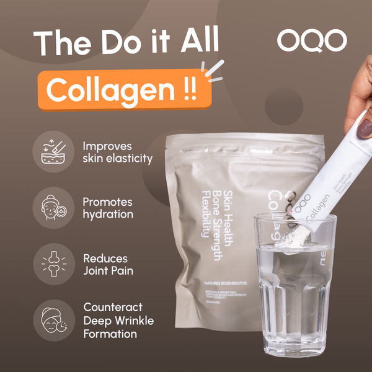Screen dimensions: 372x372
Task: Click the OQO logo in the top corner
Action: (x=312, y=40)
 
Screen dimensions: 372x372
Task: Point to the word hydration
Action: (x=108, y=215)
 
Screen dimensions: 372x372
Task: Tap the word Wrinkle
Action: (x=131, y=321)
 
